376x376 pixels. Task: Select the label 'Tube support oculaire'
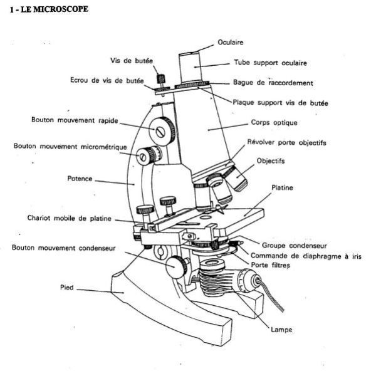tap(270, 63)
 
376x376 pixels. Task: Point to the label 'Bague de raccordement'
tap(272, 82)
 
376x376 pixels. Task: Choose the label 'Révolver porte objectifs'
tap(286, 142)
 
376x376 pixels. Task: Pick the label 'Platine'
tap(283, 187)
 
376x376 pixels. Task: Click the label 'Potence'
tap(80, 179)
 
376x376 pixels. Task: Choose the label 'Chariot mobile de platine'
tap(70, 218)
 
